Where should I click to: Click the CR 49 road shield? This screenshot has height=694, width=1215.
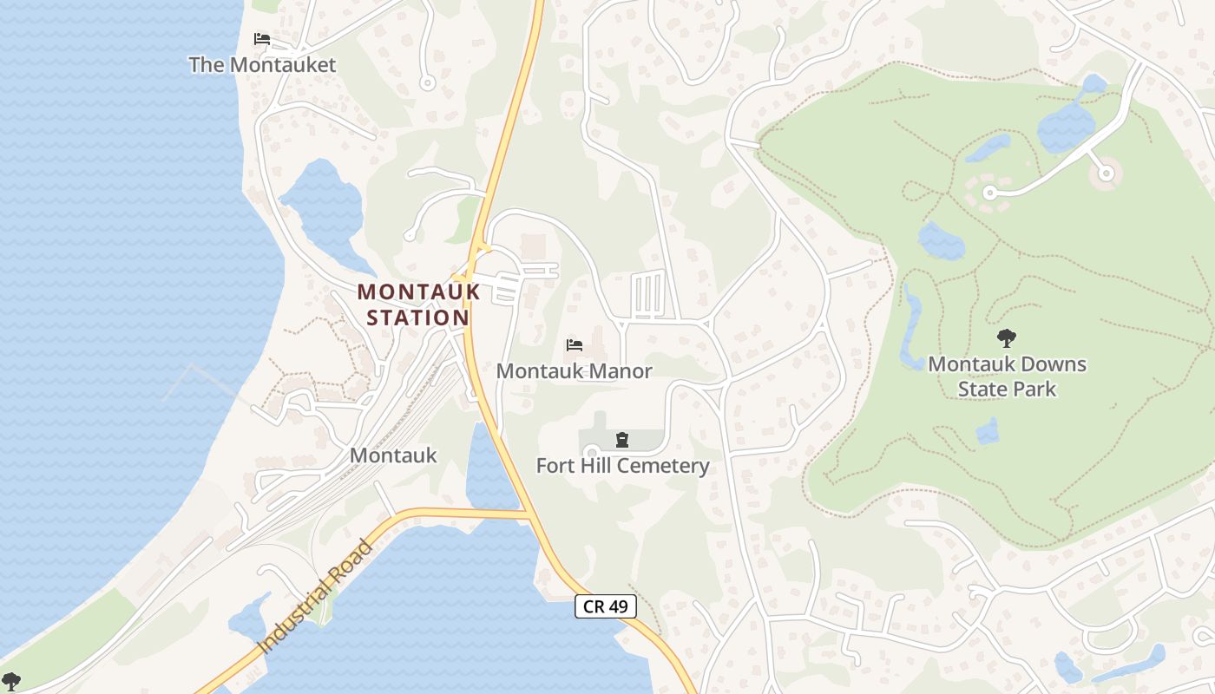point(606,606)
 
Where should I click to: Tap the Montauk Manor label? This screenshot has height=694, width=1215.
point(574,371)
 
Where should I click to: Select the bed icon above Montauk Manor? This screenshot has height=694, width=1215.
point(574,345)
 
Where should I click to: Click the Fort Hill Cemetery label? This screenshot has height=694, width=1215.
point(622,466)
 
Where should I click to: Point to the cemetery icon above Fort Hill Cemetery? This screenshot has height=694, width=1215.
point(621,441)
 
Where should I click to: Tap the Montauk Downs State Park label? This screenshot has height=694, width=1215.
point(1007,376)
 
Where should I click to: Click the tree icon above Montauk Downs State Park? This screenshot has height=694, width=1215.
point(1007,338)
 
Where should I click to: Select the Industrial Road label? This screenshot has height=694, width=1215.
point(316,598)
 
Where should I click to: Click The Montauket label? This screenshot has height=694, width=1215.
point(262,65)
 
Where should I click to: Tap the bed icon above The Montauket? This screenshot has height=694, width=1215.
point(262,39)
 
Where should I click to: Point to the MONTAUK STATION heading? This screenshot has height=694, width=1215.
point(418,304)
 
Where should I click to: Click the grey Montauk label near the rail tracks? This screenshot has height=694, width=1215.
point(393,455)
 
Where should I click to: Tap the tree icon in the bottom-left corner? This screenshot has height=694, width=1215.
point(10,682)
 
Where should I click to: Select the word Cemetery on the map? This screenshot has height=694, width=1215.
point(665,466)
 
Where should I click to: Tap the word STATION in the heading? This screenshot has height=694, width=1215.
point(418,318)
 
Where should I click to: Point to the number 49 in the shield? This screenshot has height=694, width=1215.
point(617,606)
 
